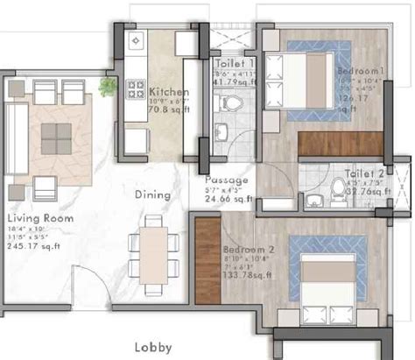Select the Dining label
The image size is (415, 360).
click(x=151, y=195)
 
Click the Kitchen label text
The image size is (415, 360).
click(x=166, y=91)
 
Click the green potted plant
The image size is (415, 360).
click(x=108, y=86)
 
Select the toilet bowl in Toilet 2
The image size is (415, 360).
click(x=339, y=187)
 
